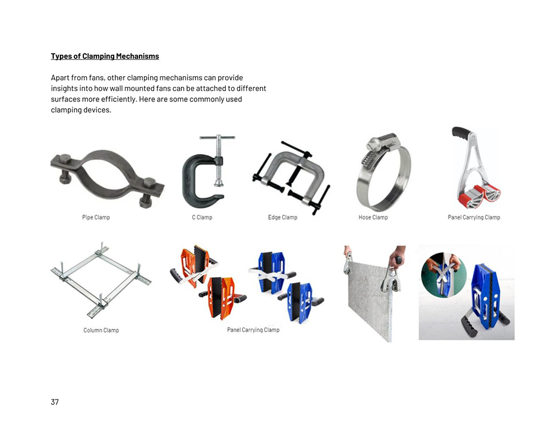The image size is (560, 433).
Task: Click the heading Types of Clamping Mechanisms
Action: (x=105, y=56)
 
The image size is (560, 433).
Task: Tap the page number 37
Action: (x=55, y=402)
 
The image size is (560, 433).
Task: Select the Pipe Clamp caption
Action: (x=96, y=217)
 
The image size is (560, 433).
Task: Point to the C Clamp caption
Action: (x=202, y=217)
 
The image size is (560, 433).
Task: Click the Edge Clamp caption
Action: (x=282, y=217)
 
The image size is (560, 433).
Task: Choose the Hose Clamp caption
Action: (x=373, y=217)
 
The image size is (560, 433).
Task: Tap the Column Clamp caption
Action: (x=101, y=330)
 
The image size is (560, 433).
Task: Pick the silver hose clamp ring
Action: (x=361, y=186)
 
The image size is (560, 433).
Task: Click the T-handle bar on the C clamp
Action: (x=217, y=137)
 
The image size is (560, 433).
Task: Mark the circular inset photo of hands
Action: (x=444, y=274)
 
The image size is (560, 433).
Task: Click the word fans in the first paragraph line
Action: (x=95, y=77)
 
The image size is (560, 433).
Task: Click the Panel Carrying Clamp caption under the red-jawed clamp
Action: (x=474, y=217)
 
